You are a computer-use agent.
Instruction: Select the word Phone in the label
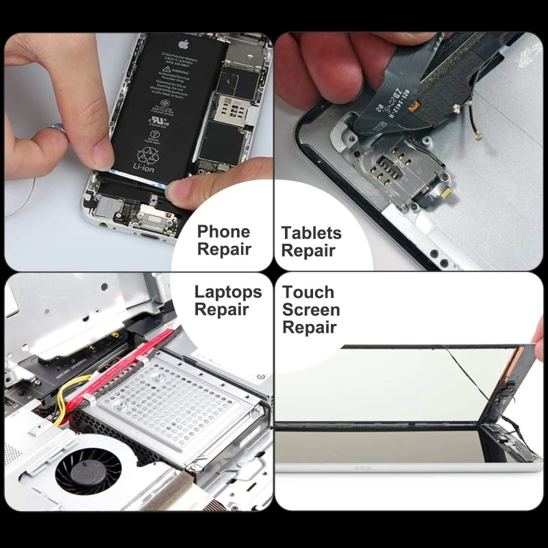point(223,232)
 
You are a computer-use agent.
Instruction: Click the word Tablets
point(311,233)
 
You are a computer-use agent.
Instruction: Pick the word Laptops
point(228,292)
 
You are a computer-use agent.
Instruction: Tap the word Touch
point(308,292)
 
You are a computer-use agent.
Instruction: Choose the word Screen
point(311,310)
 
